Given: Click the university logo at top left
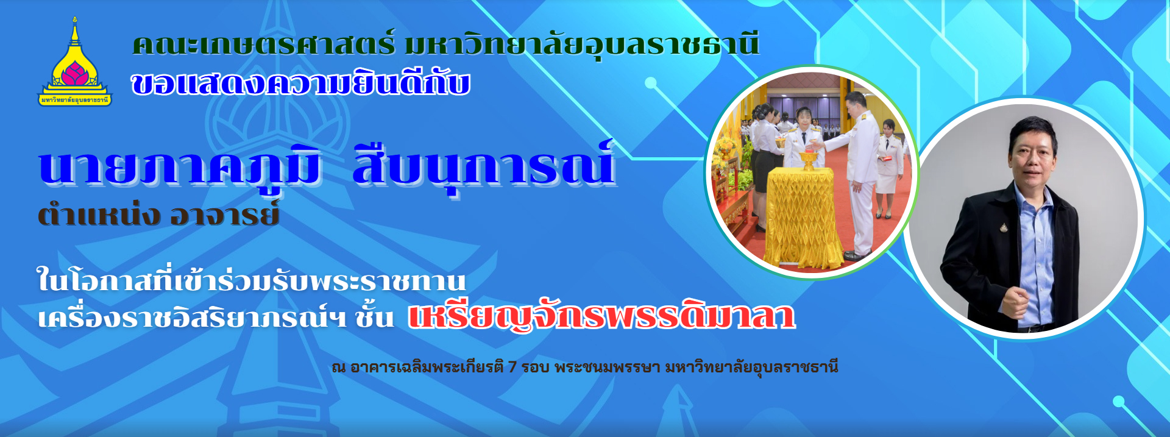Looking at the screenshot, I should click(x=75, y=64).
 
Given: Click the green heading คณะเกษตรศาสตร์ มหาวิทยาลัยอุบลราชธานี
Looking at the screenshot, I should click(x=445, y=45).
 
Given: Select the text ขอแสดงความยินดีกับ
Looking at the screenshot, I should click(x=300, y=84).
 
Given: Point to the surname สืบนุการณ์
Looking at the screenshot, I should click(x=483, y=166).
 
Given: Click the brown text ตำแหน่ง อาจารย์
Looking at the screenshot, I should click(x=158, y=215).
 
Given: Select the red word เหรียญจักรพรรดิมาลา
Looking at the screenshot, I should click(x=601, y=316).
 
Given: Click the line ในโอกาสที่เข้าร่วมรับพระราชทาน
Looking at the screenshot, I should click(x=251, y=281).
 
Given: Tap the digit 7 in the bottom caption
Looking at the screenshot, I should click(x=512, y=367).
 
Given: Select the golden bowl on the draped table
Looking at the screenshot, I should click(x=808, y=160).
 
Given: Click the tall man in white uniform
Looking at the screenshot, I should click(x=860, y=171).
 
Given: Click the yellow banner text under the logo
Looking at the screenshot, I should click(x=75, y=100).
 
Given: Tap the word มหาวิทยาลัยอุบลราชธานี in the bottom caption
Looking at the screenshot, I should click(x=751, y=367).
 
